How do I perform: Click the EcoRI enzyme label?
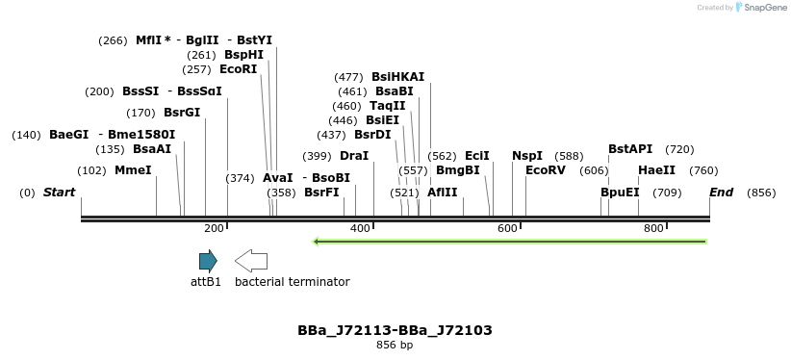238,69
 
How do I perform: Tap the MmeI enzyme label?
133,170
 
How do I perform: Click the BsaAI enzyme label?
152,149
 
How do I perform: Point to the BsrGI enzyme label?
182,113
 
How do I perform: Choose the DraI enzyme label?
353,156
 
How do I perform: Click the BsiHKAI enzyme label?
397,77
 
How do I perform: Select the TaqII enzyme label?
387,106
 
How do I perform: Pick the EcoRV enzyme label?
546,170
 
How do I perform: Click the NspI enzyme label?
527,156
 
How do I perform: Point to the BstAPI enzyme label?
630,149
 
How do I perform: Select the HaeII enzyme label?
656,170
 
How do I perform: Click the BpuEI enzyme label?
620,193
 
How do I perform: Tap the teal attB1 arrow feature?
208,260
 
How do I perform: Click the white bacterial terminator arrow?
251,260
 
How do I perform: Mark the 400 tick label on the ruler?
360,228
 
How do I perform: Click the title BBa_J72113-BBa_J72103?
395,330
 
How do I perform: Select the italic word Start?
59,193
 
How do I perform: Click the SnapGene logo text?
766,8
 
